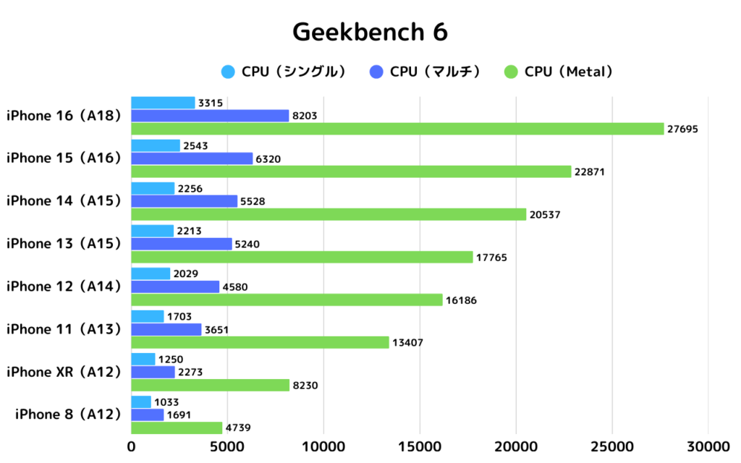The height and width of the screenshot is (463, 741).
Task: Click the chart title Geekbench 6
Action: [x=370, y=33]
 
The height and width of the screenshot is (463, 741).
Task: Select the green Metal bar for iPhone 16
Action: [x=397, y=129]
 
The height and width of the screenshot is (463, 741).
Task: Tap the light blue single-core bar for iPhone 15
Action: [x=156, y=145]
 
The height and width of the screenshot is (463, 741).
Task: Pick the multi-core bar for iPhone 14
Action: [x=185, y=201]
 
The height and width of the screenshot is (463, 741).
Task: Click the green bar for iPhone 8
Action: [x=177, y=428]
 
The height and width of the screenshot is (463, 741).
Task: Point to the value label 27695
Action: [x=685, y=129]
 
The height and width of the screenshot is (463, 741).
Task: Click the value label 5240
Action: [x=245, y=244]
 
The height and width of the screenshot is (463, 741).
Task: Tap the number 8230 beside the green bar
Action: [x=305, y=386]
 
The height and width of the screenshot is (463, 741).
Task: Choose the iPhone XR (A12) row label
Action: [x=63, y=372]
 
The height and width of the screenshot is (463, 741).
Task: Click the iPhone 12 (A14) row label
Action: [x=63, y=286]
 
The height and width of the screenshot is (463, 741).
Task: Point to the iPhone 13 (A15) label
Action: [x=63, y=244]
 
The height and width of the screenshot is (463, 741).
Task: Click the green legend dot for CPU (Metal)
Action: [x=512, y=71]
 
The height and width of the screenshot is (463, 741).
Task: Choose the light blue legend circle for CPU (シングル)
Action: [x=229, y=71]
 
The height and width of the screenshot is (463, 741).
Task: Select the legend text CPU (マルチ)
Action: [x=435, y=71]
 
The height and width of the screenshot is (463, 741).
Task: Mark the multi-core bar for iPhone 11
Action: [x=166, y=329]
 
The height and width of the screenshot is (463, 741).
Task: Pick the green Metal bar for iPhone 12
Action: [x=287, y=300]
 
